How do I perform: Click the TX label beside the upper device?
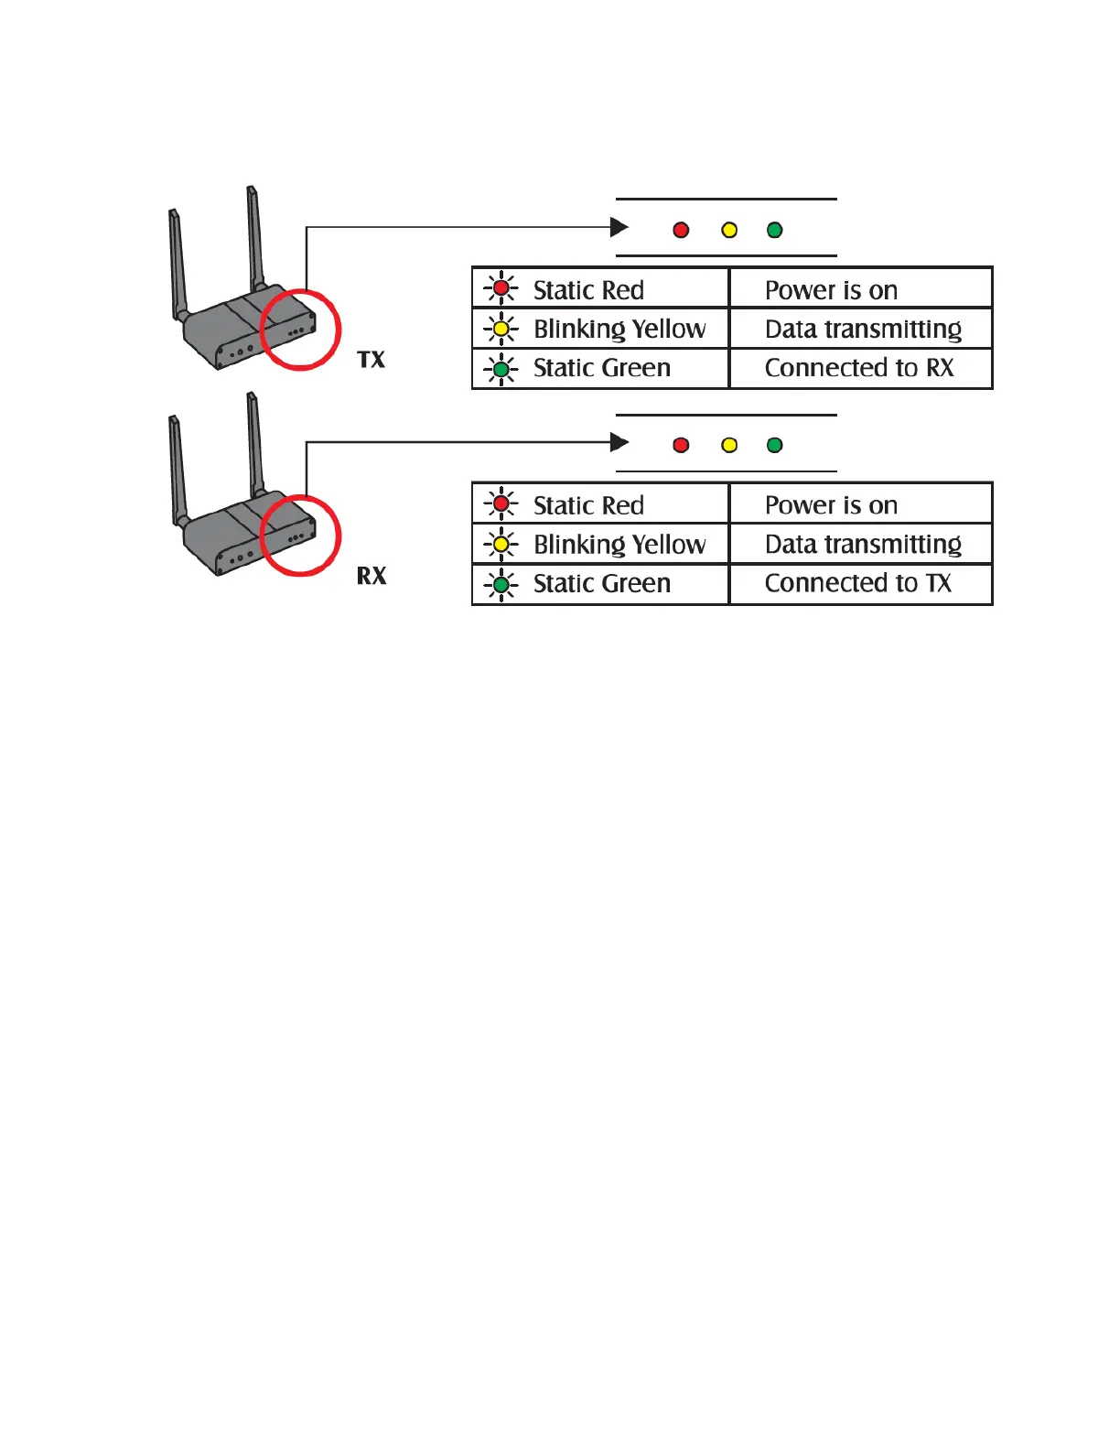pyautogui.click(x=372, y=360)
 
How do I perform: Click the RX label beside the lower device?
pyautogui.click(x=372, y=576)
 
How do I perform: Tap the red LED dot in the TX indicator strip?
pyautogui.click(x=681, y=230)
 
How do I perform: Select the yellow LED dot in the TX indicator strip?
pyautogui.click(x=729, y=230)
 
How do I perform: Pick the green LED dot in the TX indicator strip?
pyautogui.click(x=775, y=230)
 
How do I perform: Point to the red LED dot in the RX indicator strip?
pyautogui.click(x=681, y=445)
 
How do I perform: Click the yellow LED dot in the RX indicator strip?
pyautogui.click(x=729, y=445)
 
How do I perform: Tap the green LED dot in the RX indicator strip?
pyautogui.click(x=775, y=445)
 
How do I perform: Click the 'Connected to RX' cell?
pyautogui.click(x=859, y=368)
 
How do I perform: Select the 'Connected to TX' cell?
pyautogui.click(x=858, y=583)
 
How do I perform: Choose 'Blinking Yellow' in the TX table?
pyautogui.click(x=619, y=329)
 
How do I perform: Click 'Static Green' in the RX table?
pyautogui.click(x=602, y=583)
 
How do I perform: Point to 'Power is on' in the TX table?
pyautogui.click(x=831, y=290)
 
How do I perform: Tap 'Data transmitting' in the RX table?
pyautogui.click(x=863, y=545)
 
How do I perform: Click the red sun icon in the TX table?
pyautogui.click(x=501, y=288)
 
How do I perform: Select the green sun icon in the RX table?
pyautogui.click(x=501, y=584)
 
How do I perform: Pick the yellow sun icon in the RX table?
pyautogui.click(x=501, y=545)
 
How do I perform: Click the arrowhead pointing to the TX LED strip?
pyautogui.click(x=619, y=227)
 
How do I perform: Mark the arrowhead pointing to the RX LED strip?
pyautogui.click(x=619, y=443)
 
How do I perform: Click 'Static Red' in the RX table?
pyautogui.click(x=588, y=505)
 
